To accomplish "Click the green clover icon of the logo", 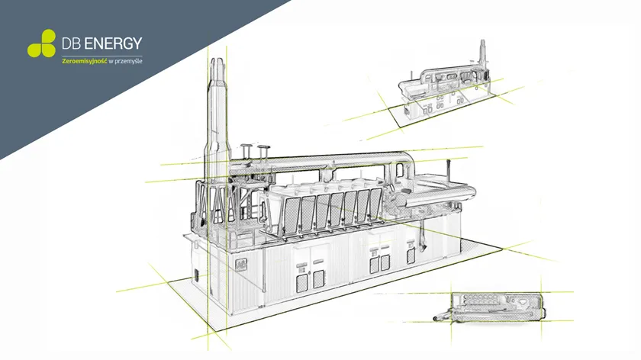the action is coord(42,43).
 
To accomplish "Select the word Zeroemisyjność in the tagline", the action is coord(84,61).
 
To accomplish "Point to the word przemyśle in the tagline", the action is coord(128,61).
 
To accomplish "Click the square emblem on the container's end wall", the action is coord(241,264).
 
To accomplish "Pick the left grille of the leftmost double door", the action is coord(302,283).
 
